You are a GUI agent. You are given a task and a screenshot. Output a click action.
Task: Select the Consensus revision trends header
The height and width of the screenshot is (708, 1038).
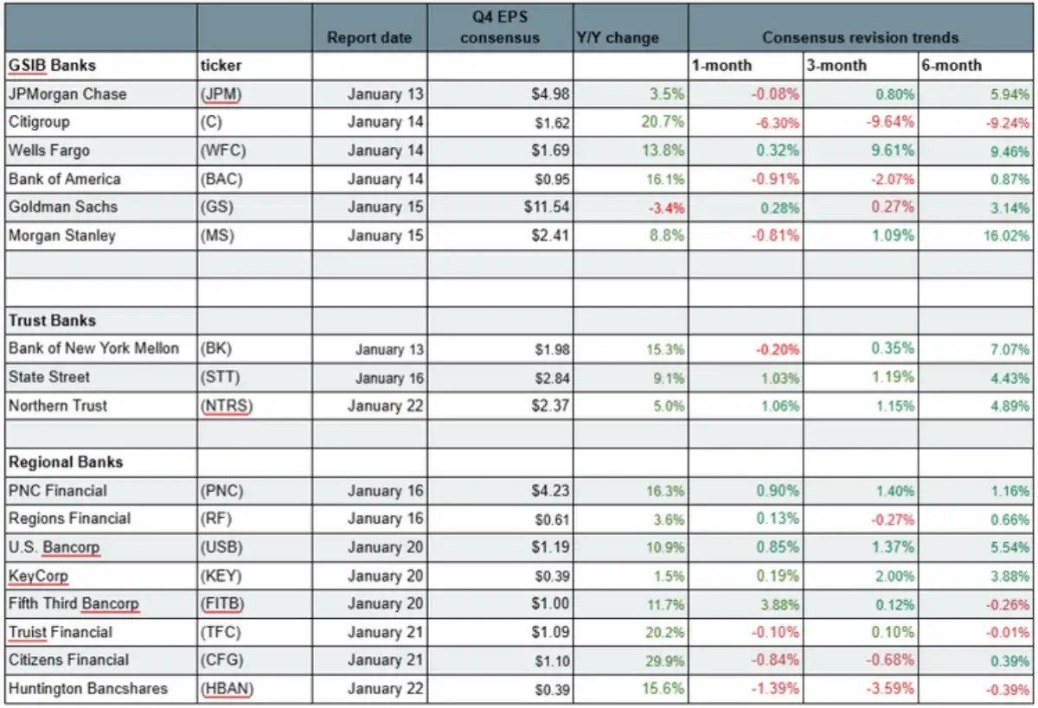click(860, 38)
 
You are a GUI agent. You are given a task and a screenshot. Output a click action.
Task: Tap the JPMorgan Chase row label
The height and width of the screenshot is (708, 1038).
click(67, 94)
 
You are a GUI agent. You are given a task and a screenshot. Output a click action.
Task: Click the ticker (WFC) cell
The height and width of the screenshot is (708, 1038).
click(222, 151)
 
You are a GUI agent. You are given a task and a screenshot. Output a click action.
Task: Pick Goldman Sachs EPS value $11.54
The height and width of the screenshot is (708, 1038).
click(547, 207)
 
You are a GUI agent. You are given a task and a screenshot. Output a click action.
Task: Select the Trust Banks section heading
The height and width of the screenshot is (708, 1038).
click(52, 321)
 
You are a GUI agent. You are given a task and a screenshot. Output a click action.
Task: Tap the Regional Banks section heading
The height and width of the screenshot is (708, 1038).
click(66, 462)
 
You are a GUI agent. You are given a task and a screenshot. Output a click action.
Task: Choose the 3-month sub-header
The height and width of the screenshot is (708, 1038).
click(836, 66)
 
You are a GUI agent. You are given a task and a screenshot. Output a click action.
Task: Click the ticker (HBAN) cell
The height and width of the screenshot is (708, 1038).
click(227, 689)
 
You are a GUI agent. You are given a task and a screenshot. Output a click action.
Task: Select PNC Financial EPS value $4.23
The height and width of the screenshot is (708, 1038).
click(550, 491)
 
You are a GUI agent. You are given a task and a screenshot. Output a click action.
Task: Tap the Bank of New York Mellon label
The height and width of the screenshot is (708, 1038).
click(93, 348)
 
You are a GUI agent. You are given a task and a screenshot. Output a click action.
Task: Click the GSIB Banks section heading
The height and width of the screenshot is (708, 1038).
click(52, 66)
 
